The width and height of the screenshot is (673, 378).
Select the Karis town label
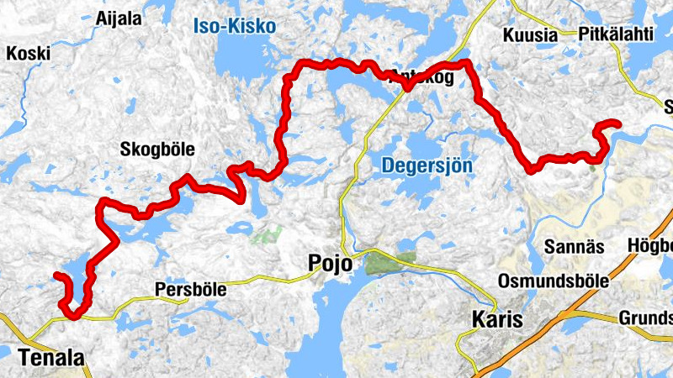[496, 319]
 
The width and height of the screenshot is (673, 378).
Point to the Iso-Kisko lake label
[235, 26]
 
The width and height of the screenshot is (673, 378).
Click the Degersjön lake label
[427, 165]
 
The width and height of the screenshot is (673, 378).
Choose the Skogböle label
[157, 150]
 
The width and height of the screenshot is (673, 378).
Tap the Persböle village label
[191, 289]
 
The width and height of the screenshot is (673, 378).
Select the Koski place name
[28, 53]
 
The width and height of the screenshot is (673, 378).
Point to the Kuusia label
[530, 34]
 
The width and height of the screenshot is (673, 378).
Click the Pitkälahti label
[616, 34]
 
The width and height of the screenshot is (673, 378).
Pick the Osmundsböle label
[553, 281]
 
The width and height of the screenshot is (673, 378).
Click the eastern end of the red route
[618, 124]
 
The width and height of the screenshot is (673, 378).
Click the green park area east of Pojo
[389, 263]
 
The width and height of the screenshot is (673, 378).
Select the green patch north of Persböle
[267, 234]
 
